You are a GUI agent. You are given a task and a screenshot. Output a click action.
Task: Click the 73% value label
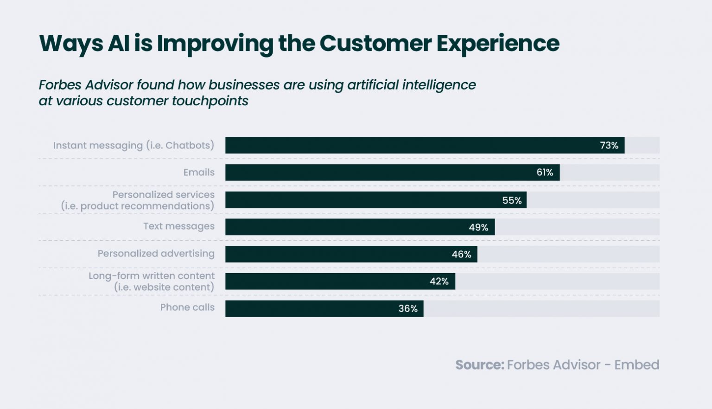pyautogui.click(x=609, y=146)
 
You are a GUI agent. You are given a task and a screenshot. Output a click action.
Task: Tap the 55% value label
pyautogui.click(x=512, y=200)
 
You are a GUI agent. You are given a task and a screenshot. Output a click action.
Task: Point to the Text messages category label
pyautogui.click(x=178, y=226)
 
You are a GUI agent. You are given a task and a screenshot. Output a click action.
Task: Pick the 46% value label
pyautogui.click(x=461, y=255)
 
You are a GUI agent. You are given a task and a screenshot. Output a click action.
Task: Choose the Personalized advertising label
pyautogui.click(x=156, y=254)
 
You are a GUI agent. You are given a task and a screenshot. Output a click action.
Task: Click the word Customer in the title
pyautogui.click(x=375, y=44)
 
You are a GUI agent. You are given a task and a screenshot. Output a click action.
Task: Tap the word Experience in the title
pyautogui.click(x=498, y=44)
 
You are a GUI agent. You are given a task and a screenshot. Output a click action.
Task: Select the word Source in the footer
pyautogui.click(x=479, y=365)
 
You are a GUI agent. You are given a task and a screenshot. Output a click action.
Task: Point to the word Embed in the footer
pyautogui.click(x=636, y=365)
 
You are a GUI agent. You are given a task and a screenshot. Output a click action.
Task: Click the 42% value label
pyautogui.click(x=439, y=281)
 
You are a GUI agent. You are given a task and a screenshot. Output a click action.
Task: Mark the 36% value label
pyautogui.click(x=408, y=309)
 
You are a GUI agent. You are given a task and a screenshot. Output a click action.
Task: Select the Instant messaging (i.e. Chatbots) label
pyautogui.click(x=133, y=146)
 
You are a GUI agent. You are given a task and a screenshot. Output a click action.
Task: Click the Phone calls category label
pyautogui.click(x=187, y=307)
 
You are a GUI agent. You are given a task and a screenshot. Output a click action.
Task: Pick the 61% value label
pyautogui.click(x=545, y=173)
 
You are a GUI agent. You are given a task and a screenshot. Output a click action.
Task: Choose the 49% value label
pyautogui.click(x=478, y=228)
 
